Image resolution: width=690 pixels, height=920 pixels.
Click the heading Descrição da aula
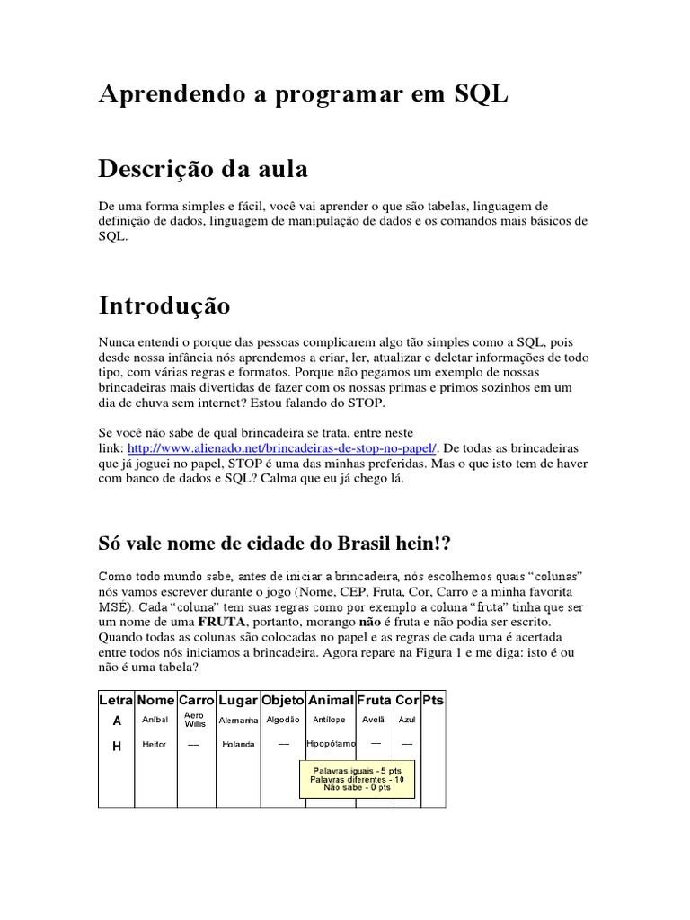[203, 168]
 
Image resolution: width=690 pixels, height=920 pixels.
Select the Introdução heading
[164, 305]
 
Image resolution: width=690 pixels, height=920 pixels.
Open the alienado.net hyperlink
[282, 447]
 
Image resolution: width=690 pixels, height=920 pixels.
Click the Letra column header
[116, 700]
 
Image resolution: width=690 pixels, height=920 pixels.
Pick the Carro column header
[196, 700]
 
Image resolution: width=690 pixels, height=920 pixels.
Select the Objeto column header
[283, 700]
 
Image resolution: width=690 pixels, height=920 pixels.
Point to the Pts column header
[433, 700]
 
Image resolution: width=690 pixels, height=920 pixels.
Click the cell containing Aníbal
[155, 720]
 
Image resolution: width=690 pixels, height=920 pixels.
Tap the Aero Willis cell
[195, 720]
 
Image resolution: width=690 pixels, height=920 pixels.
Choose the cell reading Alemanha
[238, 721]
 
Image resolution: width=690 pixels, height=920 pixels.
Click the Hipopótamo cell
[331, 744]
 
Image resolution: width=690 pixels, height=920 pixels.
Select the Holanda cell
[238, 744]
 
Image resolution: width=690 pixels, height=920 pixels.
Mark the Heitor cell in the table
[155, 744]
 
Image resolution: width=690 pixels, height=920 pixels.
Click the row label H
[116, 744]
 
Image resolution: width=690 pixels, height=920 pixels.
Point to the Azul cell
[407, 720]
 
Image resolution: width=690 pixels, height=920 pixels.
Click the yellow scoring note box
[351, 779]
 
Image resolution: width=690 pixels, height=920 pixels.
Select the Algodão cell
[283, 720]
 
